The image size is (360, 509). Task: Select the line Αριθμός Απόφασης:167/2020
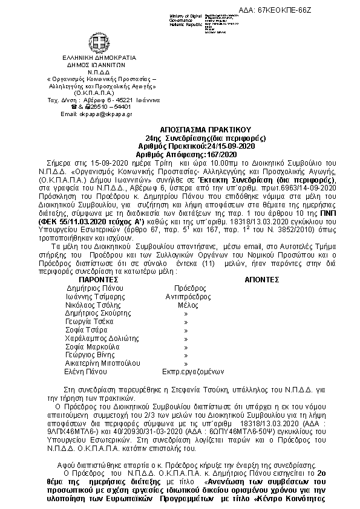(x=189, y=155)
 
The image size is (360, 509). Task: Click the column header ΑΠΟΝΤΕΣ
(x=261, y=280)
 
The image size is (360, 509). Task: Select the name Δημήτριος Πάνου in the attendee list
(x=91, y=289)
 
